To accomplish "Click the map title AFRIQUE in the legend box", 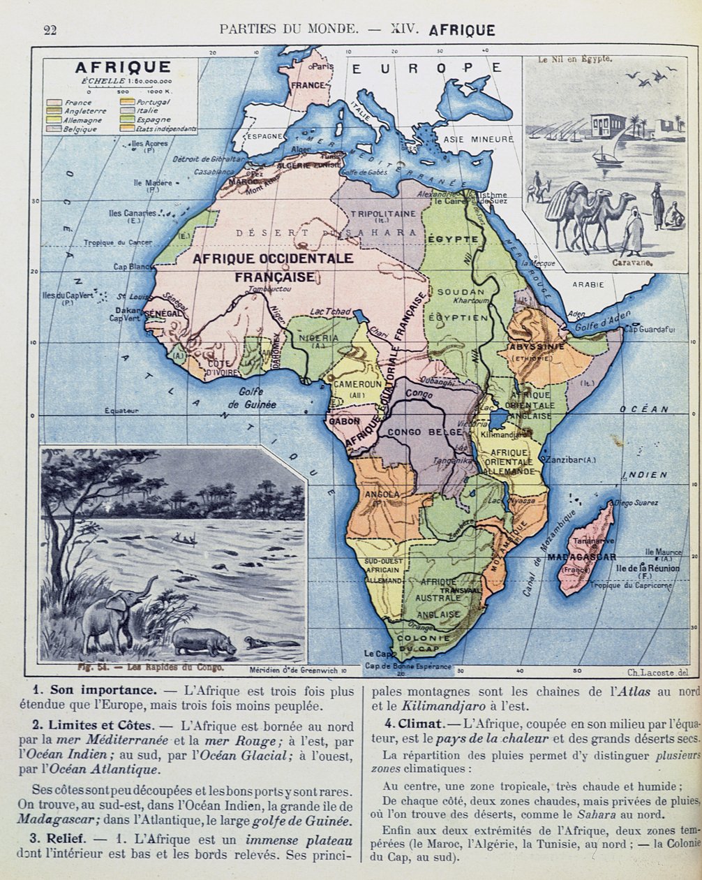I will [123, 68].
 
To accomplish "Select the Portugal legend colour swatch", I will [128, 102].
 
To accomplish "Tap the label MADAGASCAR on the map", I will [582, 557].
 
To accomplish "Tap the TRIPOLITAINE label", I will [382, 213].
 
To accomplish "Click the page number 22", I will [50, 29].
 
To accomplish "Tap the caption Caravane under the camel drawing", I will [632, 263].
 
